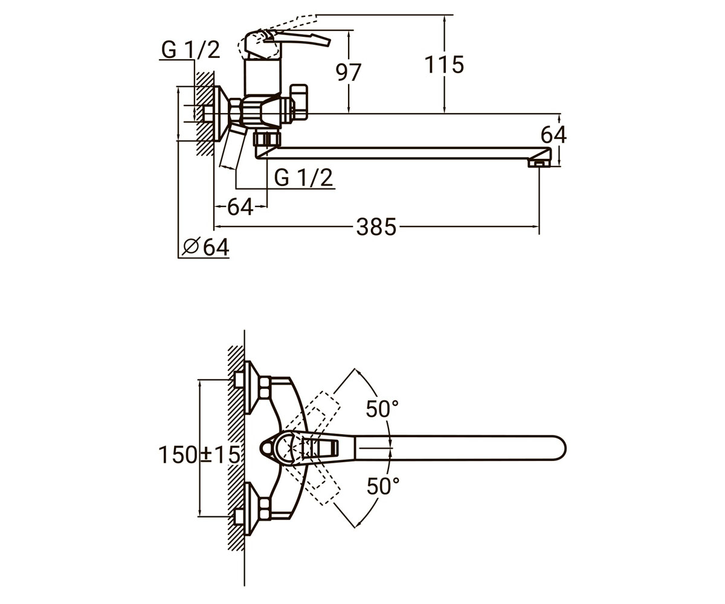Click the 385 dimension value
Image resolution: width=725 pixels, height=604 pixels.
[x=376, y=227]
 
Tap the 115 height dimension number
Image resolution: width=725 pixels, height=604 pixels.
[x=444, y=65]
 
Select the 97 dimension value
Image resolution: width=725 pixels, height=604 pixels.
[x=349, y=72]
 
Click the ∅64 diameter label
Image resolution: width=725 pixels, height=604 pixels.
[x=205, y=247]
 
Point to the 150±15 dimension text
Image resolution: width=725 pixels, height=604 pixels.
[x=199, y=455]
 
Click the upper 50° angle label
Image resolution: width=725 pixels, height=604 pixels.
[x=382, y=409]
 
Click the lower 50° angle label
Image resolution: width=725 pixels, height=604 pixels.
[x=383, y=486]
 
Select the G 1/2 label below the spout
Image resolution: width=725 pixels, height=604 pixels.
[x=303, y=178]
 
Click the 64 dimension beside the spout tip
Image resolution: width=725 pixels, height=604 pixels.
[x=554, y=135]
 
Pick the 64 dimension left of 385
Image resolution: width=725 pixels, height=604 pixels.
[x=240, y=207]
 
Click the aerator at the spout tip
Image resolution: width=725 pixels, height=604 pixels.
[x=539, y=162]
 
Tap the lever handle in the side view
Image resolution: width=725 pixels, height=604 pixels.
[x=297, y=38]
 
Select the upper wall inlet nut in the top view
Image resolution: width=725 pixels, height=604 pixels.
[x=239, y=380]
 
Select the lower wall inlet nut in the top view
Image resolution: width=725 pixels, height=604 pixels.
[x=239, y=516]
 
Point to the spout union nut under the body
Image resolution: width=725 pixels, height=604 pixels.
[x=267, y=139]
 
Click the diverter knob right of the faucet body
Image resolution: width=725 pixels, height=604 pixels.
[x=298, y=102]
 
